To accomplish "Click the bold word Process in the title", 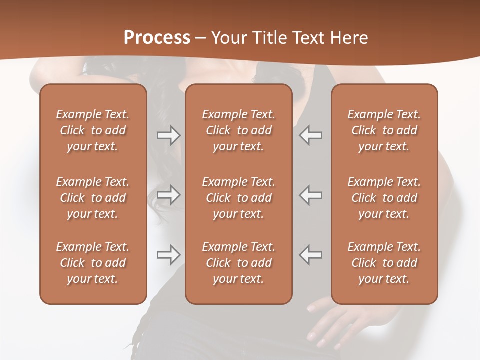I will coord(157,38).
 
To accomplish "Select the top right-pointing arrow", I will coord(169,135).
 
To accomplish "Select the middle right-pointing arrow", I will coord(169,195).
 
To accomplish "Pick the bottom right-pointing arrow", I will coord(169,255).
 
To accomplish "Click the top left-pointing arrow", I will coord(310,135).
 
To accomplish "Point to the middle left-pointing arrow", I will coord(310,195).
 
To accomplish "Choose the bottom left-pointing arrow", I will coord(310,255).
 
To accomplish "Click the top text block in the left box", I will coord(93,130).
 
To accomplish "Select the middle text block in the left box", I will coord(93,198).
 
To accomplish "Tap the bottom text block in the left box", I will coord(93,263).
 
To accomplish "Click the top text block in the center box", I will coord(238,130).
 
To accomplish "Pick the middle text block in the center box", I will coord(238,198).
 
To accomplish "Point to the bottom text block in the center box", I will coord(238,263).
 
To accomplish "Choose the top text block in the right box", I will coord(384,130).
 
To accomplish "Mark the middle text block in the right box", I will coord(384,198).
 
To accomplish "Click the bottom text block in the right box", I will coord(384,263).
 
